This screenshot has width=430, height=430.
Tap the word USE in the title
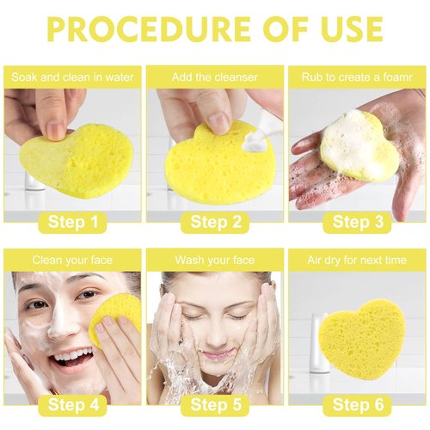click(342, 28)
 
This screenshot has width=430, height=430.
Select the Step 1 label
click(74, 223)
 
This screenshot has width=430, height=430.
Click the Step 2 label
click(215, 223)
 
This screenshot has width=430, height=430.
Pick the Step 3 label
click(357, 223)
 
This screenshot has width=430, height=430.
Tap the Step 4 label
click(74, 404)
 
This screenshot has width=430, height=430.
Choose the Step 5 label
click(215, 404)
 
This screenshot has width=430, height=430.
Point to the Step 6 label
click(357, 404)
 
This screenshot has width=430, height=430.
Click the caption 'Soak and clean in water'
click(74, 77)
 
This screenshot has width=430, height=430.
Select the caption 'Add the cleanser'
click(215, 77)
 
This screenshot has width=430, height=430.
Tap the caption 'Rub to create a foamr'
click(357, 77)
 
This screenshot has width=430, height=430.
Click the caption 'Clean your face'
click(74, 259)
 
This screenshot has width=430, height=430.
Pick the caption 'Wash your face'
click(215, 259)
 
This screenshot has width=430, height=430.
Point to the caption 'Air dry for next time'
click(357, 259)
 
